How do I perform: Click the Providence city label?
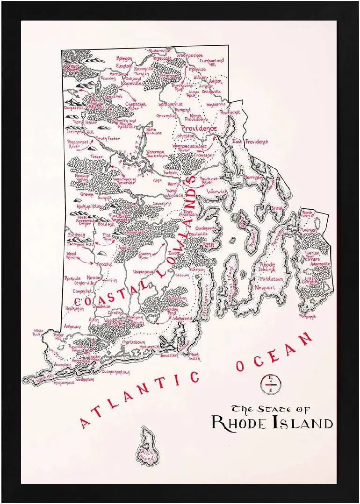coord(199,128)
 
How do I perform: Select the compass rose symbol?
coord(270,384)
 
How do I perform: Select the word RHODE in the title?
coord(238,422)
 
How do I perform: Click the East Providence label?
coord(250,142)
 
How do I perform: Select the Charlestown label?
coord(133,342)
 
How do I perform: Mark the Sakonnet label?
coord(307,316)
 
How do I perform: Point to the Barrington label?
coord(254,178)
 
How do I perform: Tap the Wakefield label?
coord(182,318)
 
